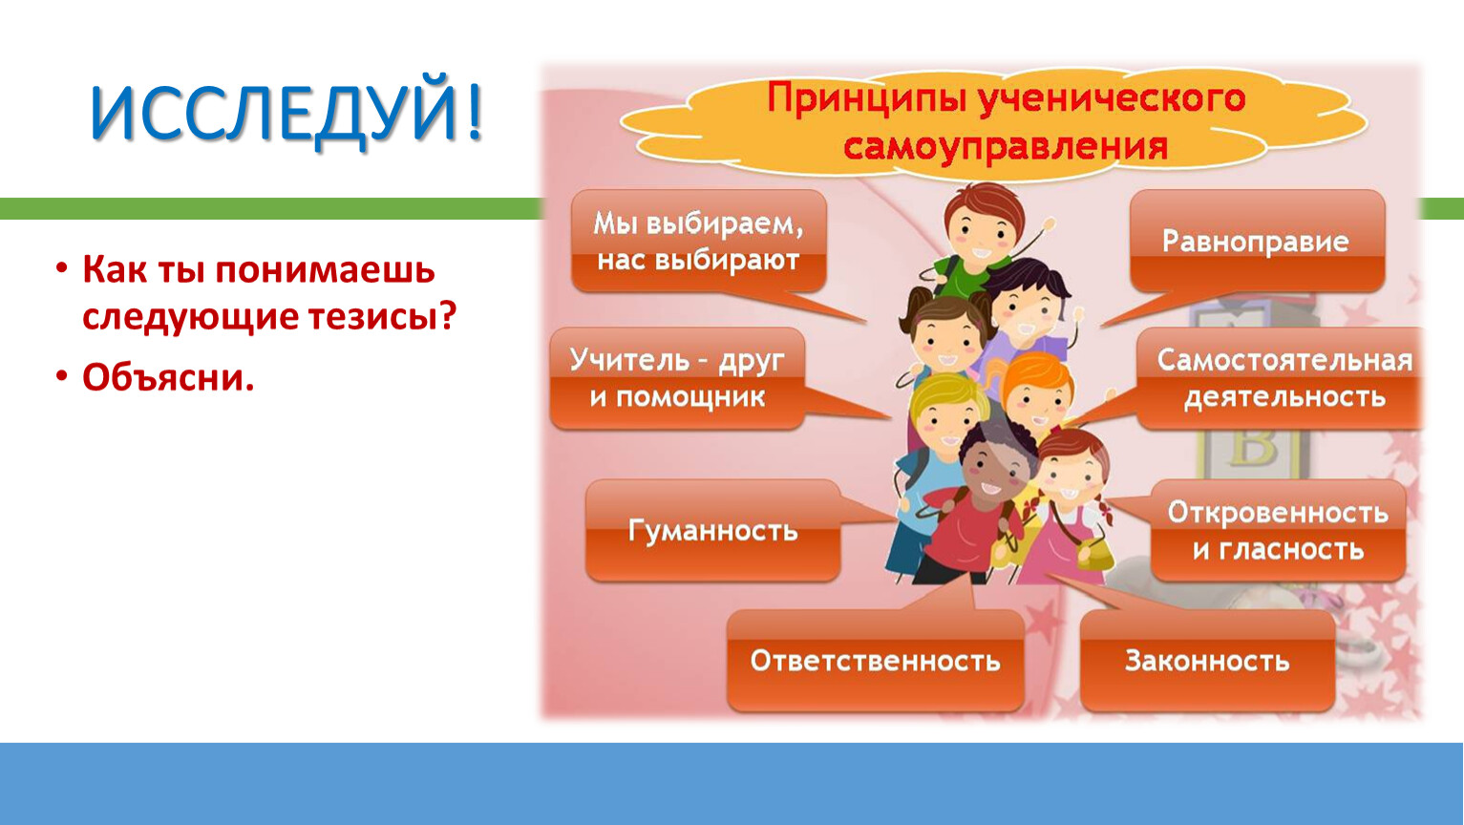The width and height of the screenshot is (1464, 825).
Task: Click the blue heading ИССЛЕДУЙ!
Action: click(286, 113)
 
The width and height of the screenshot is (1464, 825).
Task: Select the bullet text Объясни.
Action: click(168, 377)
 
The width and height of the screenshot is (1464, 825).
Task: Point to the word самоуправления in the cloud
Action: click(1006, 146)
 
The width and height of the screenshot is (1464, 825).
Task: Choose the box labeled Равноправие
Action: click(1257, 242)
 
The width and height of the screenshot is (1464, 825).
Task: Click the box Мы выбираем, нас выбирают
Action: click(699, 241)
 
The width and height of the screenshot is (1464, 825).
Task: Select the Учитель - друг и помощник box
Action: click(677, 378)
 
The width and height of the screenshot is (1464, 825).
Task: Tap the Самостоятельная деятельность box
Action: click(1280, 378)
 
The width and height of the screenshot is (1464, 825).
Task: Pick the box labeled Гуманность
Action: click(713, 530)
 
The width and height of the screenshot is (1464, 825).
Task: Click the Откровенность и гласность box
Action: click(1279, 530)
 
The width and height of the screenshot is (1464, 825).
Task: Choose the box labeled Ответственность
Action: click(875, 661)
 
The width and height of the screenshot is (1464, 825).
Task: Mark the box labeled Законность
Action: click(1207, 661)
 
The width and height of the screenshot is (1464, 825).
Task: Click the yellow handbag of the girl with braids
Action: click(1094, 555)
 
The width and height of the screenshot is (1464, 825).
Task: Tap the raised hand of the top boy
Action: click(1049, 225)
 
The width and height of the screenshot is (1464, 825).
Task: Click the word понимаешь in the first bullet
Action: click(325, 270)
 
